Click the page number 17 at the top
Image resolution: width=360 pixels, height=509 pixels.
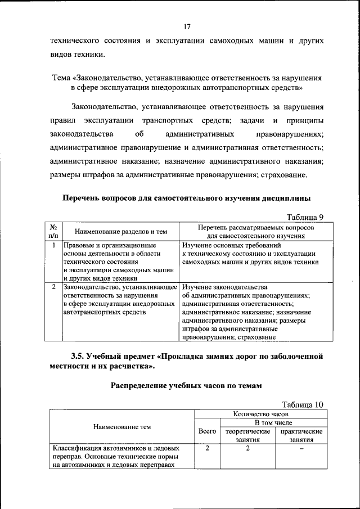click(x=187, y=26)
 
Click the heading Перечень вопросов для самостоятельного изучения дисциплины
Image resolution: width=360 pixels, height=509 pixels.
click(x=186, y=198)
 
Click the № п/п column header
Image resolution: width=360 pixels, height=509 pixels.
click(x=53, y=231)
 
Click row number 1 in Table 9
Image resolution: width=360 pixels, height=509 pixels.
click(x=53, y=245)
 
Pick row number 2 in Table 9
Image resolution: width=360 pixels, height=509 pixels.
click(x=53, y=287)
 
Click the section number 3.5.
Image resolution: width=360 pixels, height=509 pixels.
click(x=79, y=355)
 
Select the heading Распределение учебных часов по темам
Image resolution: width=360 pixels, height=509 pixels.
click(x=186, y=385)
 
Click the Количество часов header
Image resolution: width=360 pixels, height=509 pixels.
click(x=259, y=414)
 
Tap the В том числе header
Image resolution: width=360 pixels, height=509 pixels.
click(x=273, y=422)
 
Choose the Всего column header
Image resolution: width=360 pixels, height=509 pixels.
click(x=208, y=431)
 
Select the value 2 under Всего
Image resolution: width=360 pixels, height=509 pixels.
click(x=208, y=448)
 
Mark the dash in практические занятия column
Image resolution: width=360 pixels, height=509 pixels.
click(x=301, y=448)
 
